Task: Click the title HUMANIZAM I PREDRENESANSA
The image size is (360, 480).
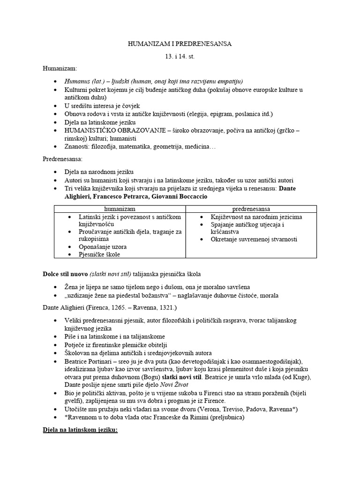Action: (180, 44)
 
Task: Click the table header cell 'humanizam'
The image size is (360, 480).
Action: (120, 209)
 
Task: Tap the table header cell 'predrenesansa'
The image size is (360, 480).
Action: (251, 209)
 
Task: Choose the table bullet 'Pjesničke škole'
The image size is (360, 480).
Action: (99, 254)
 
